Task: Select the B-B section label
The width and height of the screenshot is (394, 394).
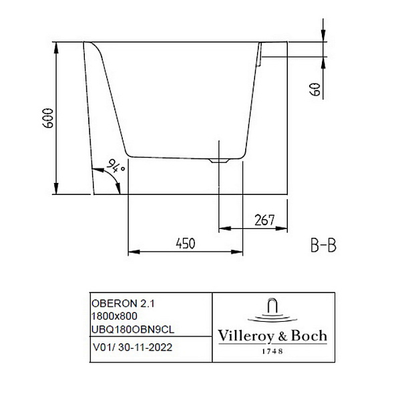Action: click(x=323, y=246)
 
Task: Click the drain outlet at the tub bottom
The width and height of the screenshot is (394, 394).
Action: click(x=218, y=160)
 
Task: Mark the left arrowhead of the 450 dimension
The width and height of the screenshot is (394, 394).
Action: click(x=132, y=252)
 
